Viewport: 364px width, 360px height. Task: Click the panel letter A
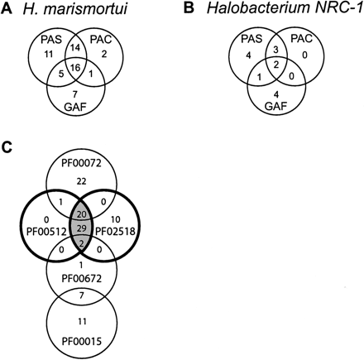point(7,9)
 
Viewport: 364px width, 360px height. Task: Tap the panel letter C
point(7,146)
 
